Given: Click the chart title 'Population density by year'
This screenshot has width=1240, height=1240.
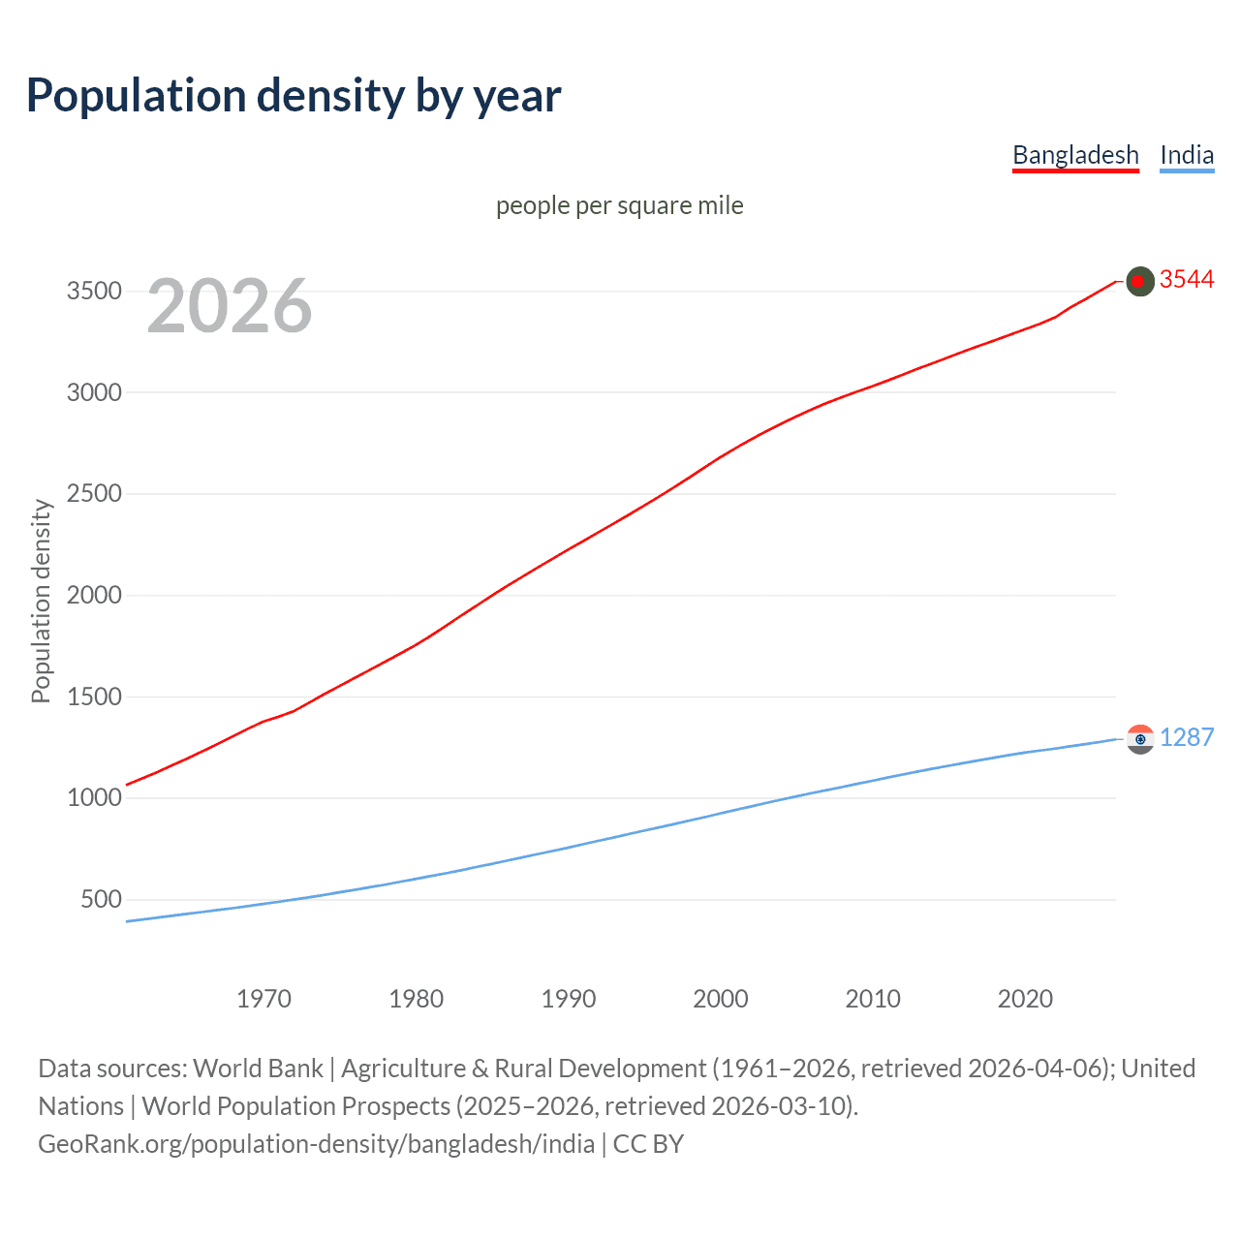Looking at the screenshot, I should [x=294, y=96].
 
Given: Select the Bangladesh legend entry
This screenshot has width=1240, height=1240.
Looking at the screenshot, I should [x=1075, y=155].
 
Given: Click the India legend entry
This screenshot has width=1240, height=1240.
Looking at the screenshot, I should [x=1187, y=155].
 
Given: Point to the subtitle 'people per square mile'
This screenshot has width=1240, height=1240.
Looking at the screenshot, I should [x=620, y=205].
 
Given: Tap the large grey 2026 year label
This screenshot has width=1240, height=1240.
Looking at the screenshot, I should [x=230, y=306].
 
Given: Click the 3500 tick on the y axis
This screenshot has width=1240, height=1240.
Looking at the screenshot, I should [x=94, y=292].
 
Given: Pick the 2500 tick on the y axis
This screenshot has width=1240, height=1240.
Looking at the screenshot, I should [x=94, y=494].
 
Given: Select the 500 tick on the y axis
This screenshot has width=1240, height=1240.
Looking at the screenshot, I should [x=102, y=899].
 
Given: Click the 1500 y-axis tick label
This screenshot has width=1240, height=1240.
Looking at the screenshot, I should [x=94, y=697].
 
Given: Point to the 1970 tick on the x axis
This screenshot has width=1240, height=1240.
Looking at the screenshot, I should [x=263, y=999].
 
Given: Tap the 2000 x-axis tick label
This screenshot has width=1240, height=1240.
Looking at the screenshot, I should [x=721, y=999].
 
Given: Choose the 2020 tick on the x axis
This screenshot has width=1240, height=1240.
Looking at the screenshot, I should [x=1025, y=999].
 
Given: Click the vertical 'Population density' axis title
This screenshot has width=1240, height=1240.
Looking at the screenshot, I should [x=41, y=601].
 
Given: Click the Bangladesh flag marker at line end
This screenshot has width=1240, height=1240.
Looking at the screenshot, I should [x=1140, y=281].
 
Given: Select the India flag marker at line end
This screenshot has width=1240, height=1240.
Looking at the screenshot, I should [x=1140, y=739].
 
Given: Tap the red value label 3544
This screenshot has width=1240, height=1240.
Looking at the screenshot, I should [x=1187, y=280].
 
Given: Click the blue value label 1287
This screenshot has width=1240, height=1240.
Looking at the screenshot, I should [x=1187, y=737].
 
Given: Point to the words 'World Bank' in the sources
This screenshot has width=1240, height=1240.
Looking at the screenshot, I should [x=258, y=1069].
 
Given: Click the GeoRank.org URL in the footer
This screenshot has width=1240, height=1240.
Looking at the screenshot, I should [x=316, y=1144].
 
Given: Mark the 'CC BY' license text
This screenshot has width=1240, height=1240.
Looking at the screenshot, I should [x=648, y=1144].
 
